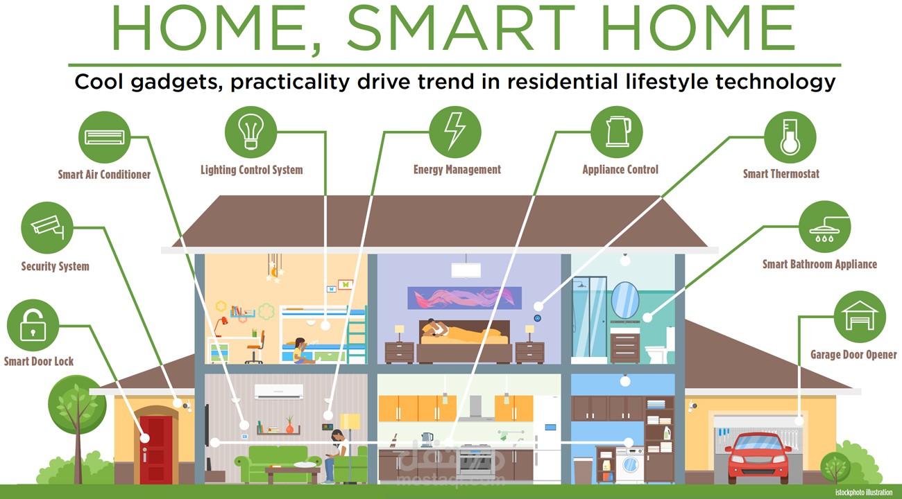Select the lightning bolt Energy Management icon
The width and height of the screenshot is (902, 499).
click(454, 132)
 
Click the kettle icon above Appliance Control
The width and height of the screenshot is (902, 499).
click(617, 132)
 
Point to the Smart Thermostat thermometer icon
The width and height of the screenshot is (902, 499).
click(789, 136)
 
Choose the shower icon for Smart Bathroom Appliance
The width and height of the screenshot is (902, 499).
click(824, 227)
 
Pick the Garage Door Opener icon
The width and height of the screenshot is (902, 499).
click(859, 317)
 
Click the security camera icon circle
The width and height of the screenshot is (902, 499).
click(47, 228)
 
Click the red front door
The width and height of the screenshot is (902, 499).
click(155, 448)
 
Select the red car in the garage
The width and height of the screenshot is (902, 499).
click(758, 455)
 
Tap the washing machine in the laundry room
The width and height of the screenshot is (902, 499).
click(629, 461)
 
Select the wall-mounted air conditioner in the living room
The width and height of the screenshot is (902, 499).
click(279, 392)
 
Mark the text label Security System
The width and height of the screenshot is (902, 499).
click(55, 266)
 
